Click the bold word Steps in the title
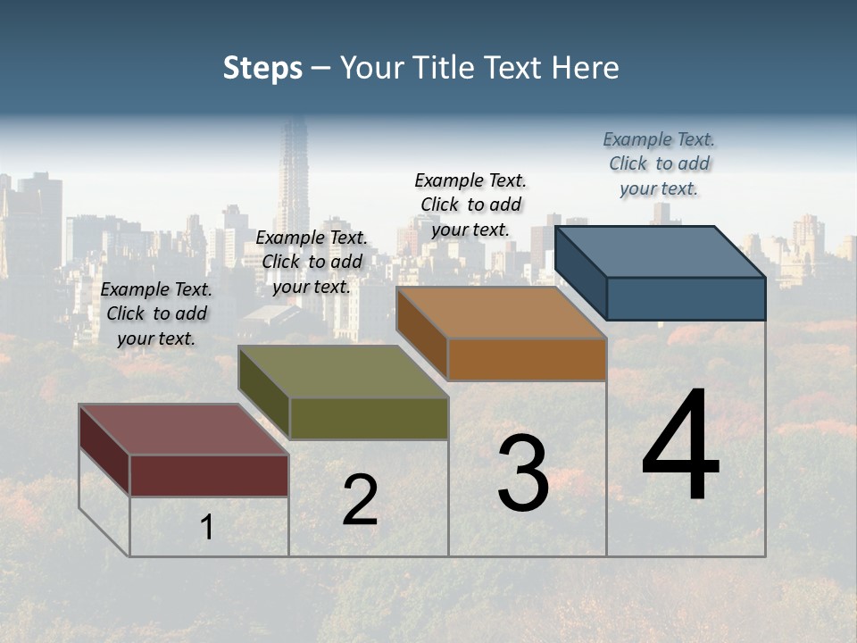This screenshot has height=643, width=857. tap(262, 68)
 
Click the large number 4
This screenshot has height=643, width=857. tap(680, 446)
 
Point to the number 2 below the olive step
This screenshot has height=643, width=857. tap(360, 500)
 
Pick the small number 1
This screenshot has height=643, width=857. tap(207, 527)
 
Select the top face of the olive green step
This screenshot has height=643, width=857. tap(344, 372)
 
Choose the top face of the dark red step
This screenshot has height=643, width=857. tap(183, 430)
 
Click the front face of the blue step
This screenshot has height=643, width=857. tap(686, 298)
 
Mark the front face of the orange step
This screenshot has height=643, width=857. tap(527, 359)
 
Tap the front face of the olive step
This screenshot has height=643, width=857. tap(369, 418)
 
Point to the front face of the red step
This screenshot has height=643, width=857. tap(209, 475)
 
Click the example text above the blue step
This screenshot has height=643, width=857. tap(659, 163)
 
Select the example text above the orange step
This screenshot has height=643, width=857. tap(470, 205)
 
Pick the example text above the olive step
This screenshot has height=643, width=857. tap(312, 262)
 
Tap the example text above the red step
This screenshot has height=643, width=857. tap(156, 313)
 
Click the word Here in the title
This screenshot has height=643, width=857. tap(587, 68)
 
